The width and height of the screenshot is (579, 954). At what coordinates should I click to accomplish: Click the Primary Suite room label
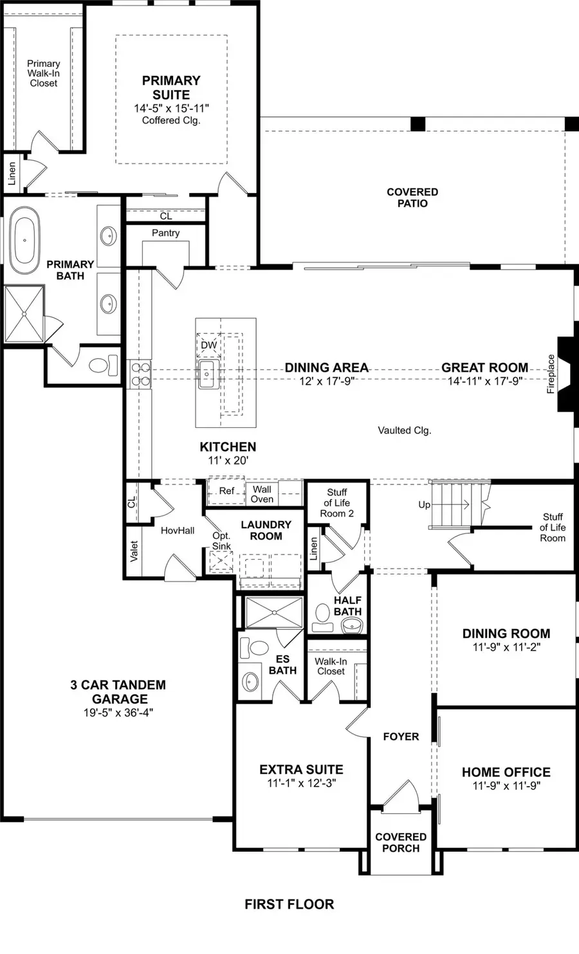pyautogui.click(x=171, y=87)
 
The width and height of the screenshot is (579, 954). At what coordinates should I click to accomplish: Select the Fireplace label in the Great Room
pyautogui.click(x=551, y=374)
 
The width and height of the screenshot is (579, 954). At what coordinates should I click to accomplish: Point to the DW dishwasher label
pyautogui.click(x=208, y=345)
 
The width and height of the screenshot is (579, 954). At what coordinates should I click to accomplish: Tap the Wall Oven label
pyautogui.click(x=262, y=494)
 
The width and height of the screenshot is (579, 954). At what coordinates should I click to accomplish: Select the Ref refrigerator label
pyautogui.click(x=226, y=491)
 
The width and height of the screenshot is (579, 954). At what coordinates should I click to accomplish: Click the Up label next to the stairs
pyautogui.click(x=424, y=505)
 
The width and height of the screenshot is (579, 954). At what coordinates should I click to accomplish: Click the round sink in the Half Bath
pyautogui.click(x=352, y=624)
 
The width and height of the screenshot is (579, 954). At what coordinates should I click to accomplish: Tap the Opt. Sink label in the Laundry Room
pyautogui.click(x=221, y=540)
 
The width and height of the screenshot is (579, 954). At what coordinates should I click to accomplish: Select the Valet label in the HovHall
pyautogui.click(x=134, y=551)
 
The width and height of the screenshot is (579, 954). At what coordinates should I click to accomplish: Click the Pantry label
pyautogui.click(x=165, y=233)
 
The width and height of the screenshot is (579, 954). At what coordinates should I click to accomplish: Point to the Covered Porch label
pyautogui.click(x=401, y=842)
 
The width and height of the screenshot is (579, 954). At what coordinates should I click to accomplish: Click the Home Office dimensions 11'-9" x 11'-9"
pyautogui.click(x=506, y=785)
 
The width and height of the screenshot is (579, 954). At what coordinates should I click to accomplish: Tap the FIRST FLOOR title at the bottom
pyautogui.click(x=289, y=904)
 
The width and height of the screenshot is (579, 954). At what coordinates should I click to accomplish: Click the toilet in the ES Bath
pyautogui.click(x=259, y=647)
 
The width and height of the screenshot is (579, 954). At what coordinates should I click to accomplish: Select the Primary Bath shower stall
pyautogui.click(x=24, y=313)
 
